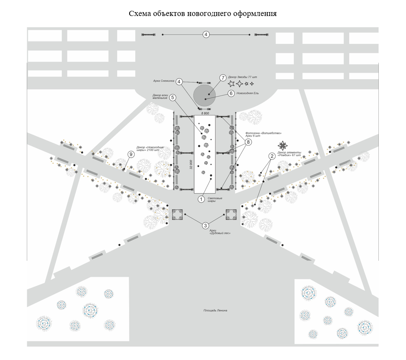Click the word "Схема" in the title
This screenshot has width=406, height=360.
(140, 13)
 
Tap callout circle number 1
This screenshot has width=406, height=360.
(201, 199)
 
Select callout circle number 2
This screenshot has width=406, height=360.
(272, 156)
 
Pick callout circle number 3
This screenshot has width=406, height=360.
(206, 225)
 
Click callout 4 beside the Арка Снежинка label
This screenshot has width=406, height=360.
(179, 81)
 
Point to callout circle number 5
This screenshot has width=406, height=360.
(173, 98)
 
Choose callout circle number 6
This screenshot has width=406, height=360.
(231, 93)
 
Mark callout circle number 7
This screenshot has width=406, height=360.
(222, 78)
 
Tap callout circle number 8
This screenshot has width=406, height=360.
(248, 142)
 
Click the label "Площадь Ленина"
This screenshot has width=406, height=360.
(215, 310)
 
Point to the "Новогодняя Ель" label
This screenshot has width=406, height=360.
(247, 93)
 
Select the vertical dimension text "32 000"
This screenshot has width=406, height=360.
(191, 165)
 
